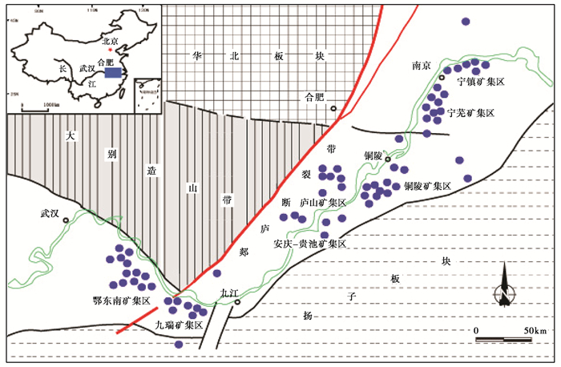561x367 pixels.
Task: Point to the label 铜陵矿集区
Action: pos(428,186)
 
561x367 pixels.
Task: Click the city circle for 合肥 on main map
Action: pos(333,107)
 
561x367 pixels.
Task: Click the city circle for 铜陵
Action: pos(389,160)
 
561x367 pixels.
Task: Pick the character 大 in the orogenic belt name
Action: pos(71,137)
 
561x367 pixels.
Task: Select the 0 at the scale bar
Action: pos(476,330)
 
